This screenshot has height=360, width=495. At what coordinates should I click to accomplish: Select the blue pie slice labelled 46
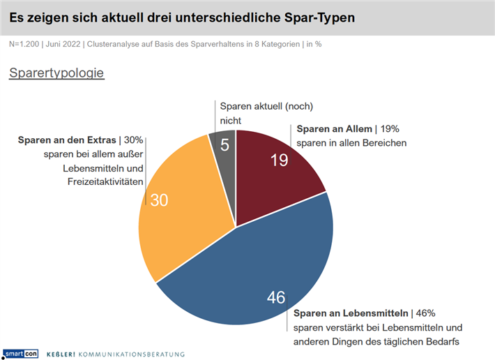pos(251,279)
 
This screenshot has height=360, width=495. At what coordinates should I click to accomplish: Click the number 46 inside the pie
pos(276,298)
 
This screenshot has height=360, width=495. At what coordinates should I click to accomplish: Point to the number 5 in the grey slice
pos(225,145)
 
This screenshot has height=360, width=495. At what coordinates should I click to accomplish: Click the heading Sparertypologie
pos(56,73)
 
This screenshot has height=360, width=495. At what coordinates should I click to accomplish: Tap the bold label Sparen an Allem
pos(335,129)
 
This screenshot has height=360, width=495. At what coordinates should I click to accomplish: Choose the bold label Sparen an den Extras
pos(67,140)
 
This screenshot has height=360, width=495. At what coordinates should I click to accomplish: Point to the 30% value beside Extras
pos(134,140)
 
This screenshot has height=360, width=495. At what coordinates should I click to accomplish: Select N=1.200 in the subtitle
pos(25,44)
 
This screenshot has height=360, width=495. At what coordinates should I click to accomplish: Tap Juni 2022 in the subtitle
pos(63,44)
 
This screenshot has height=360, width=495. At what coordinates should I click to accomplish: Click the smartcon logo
pos(21,354)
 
